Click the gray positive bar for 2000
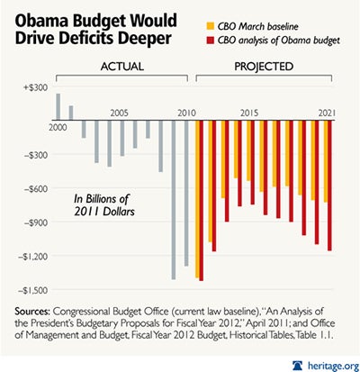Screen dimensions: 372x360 coord(58,106)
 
